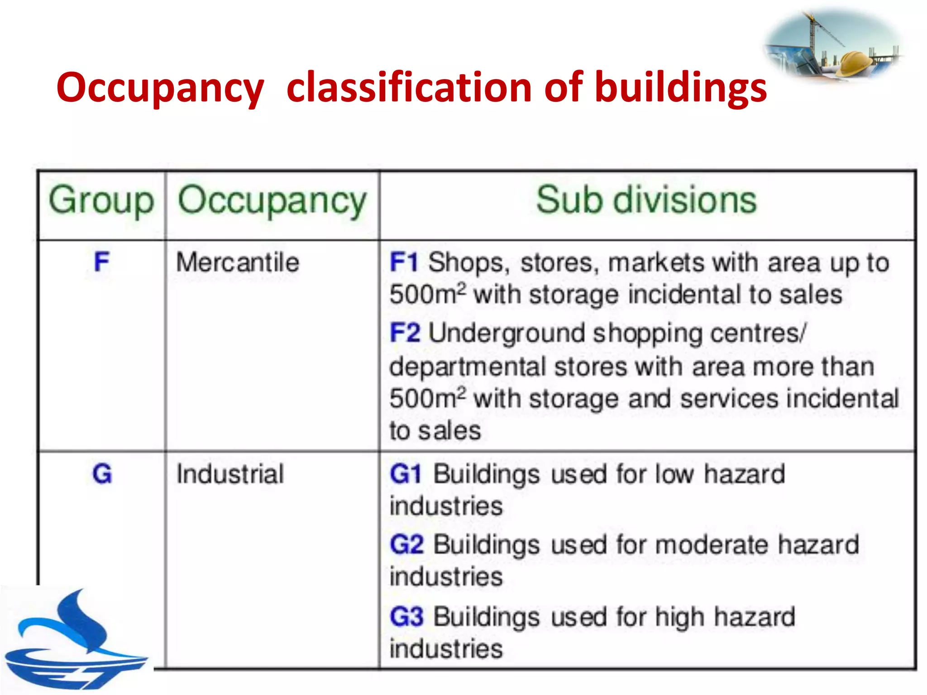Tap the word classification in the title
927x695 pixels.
(409, 87)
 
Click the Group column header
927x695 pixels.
(101, 200)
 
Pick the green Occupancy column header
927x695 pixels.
(272, 200)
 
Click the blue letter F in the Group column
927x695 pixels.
(101, 262)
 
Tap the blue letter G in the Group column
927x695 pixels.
(102, 474)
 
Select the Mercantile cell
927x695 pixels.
(238, 262)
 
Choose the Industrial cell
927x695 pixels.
(230, 474)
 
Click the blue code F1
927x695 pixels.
(404, 262)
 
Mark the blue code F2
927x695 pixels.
(405, 333)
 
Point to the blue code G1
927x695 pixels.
(406, 474)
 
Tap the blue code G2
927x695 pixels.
(406, 544)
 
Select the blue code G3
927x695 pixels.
(406, 616)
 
